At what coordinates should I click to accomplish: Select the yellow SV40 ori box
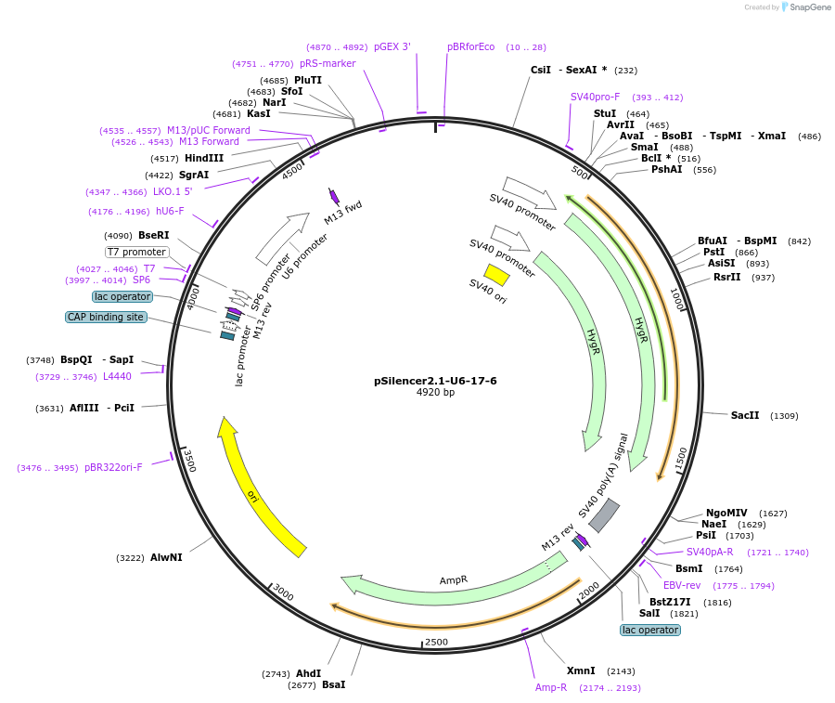pyautogui.click(x=496, y=275)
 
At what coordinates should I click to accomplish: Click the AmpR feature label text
pyautogui.click(x=454, y=580)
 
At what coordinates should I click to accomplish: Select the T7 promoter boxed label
pyautogui.click(x=136, y=252)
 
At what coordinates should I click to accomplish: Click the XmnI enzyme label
pyautogui.click(x=581, y=670)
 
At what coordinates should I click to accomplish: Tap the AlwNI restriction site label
pyautogui.click(x=166, y=557)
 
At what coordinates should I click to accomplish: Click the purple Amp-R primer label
pyautogui.click(x=551, y=687)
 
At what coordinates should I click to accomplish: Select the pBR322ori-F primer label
pyautogui.click(x=113, y=467)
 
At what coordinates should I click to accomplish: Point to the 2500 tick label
pyautogui.click(x=436, y=642)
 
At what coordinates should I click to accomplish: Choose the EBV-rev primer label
pyautogui.click(x=680, y=585)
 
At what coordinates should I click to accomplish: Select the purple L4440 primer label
pyautogui.click(x=117, y=376)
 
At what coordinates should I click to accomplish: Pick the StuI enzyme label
pyautogui.click(x=605, y=113)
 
